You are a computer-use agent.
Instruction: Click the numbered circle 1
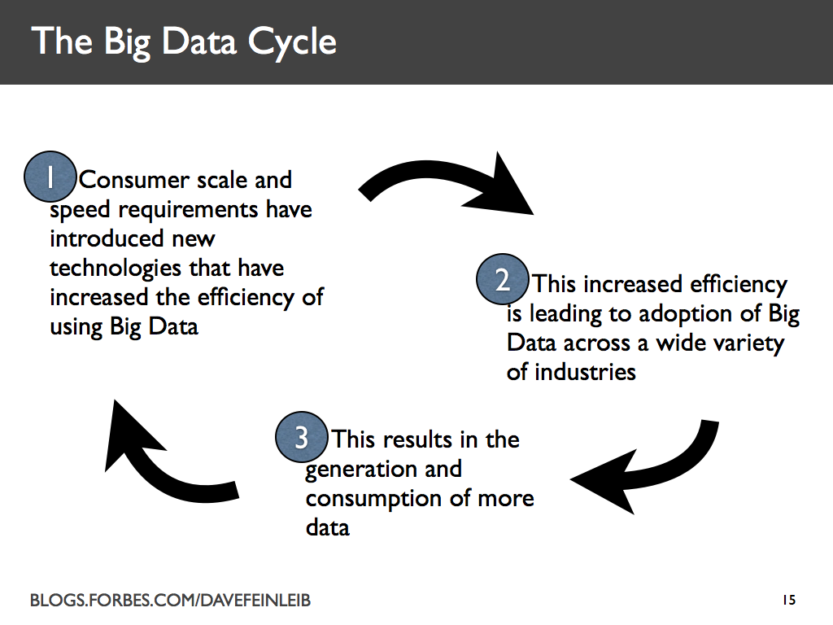pyautogui.click(x=50, y=178)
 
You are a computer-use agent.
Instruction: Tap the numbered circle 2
pyautogui.click(x=503, y=282)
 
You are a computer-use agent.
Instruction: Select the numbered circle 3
pyautogui.click(x=302, y=438)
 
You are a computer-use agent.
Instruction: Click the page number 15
pyautogui.click(x=787, y=601)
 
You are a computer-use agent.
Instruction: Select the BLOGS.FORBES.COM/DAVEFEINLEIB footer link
pyautogui.click(x=170, y=601)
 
